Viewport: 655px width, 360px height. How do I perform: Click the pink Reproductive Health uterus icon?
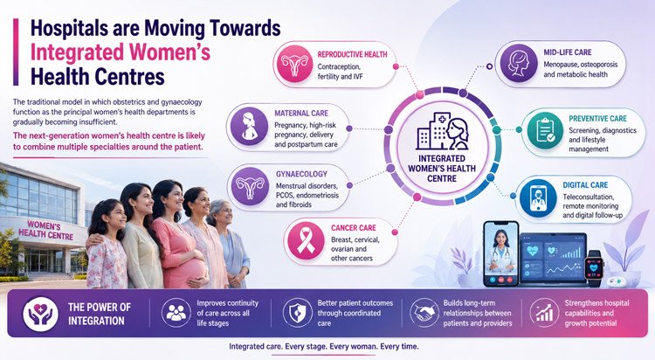pyautogui.click(x=294, y=64)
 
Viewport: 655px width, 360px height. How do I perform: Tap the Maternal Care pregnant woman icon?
pyautogui.click(x=250, y=126)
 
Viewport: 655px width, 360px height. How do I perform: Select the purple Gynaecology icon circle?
pyautogui.click(x=251, y=186)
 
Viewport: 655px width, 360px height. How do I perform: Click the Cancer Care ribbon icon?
pyautogui.click(x=307, y=241)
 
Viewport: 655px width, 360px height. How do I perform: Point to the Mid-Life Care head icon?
pyautogui.click(x=519, y=63)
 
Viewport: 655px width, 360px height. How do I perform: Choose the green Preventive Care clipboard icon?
pyautogui.click(x=545, y=130)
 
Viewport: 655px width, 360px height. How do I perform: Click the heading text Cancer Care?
pyautogui.click(x=354, y=228)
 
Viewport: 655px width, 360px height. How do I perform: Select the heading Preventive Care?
pyautogui.click(x=597, y=119)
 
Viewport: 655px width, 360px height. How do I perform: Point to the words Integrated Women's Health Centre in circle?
pyautogui.click(x=442, y=169)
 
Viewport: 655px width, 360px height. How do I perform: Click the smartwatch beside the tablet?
pyautogui.click(x=594, y=268)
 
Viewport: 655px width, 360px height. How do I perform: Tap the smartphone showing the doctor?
pyautogui.click(x=500, y=253)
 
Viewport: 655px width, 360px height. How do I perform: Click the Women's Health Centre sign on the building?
pyautogui.click(x=45, y=231)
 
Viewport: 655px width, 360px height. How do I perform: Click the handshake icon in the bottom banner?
pyautogui.click(x=424, y=313)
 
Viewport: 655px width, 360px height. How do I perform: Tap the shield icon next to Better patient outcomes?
pyautogui.click(x=298, y=313)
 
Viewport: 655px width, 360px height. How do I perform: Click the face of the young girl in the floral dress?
pyautogui.click(x=114, y=216)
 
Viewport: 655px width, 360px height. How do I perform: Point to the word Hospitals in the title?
pyautogui.click(x=69, y=29)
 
